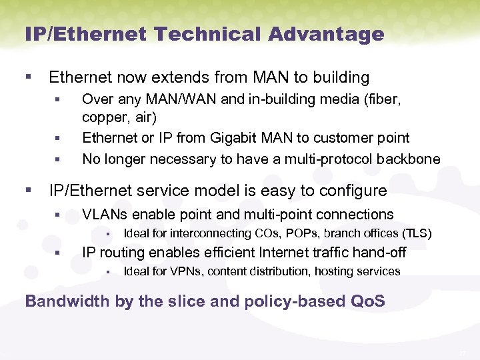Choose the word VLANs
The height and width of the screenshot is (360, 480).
pyautogui.click(x=104, y=215)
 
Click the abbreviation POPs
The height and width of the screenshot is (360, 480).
pyautogui.click(x=304, y=233)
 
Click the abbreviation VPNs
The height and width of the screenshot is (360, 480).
pyautogui.click(x=189, y=271)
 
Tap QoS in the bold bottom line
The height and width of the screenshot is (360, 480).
pyautogui.click(x=367, y=301)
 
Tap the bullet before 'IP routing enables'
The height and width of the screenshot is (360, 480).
pyautogui.click(x=58, y=253)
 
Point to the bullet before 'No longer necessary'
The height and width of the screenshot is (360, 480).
pyautogui.click(x=58, y=160)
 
